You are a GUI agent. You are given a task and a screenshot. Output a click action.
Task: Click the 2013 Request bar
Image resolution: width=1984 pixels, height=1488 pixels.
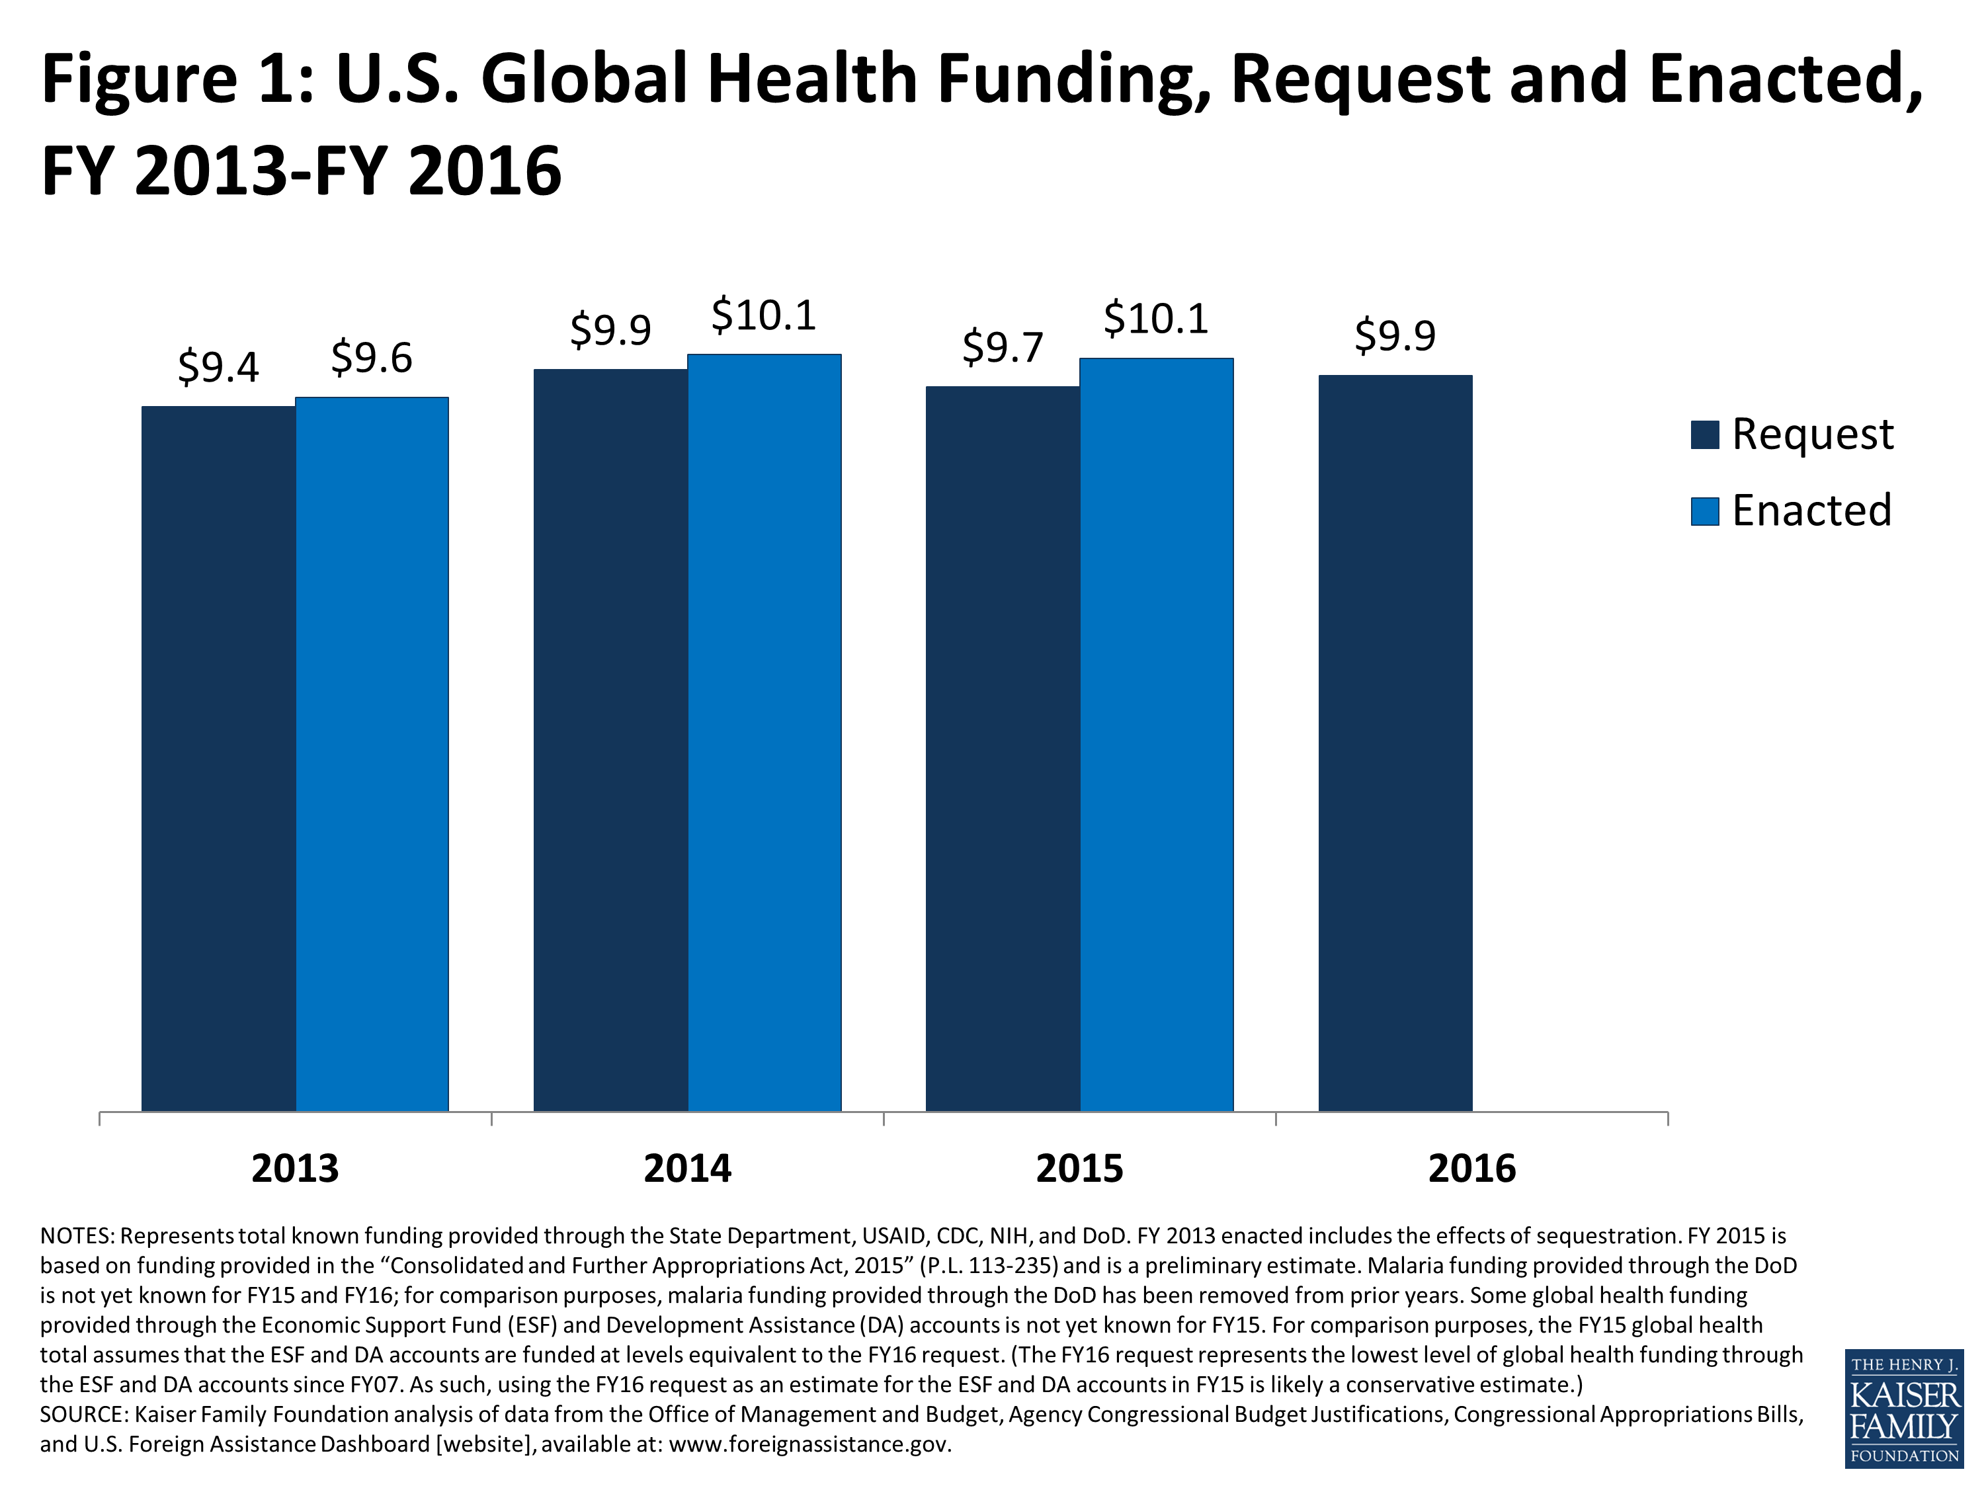219,758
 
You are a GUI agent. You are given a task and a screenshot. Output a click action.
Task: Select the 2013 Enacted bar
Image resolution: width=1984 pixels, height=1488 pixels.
372,753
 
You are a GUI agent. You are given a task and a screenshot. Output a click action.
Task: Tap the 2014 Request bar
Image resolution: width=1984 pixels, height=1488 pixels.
611,740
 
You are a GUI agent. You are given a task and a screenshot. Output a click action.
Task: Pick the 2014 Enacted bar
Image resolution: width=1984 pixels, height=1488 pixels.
765,732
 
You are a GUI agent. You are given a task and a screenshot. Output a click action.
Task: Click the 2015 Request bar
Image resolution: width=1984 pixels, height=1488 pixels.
1003,749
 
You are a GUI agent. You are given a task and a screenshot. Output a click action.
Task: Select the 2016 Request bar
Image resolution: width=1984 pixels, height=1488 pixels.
1395,743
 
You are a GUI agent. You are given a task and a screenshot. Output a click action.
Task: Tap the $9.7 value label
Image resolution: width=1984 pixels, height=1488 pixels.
1003,347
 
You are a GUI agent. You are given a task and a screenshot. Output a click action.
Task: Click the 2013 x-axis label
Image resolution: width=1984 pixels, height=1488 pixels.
295,1169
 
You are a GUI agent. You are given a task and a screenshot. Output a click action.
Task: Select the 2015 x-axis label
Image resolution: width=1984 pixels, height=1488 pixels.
1079,1169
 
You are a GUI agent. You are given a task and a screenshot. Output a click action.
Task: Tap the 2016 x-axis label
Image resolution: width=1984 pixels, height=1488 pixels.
1472,1169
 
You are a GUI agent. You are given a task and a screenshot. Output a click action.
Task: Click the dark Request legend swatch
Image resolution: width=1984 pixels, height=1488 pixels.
1704,435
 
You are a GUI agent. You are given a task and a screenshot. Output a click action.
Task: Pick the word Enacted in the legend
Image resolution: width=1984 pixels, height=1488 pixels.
1812,511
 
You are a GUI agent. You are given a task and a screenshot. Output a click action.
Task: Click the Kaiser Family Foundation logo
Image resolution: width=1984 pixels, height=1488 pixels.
1904,1407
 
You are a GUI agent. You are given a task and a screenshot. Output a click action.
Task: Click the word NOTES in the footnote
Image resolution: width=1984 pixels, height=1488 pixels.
76,1236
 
